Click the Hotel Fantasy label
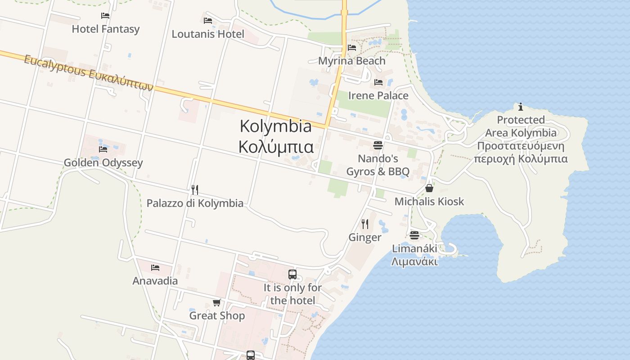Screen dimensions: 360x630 106,29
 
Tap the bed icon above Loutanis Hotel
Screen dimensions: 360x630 208,20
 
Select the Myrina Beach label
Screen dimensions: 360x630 351,61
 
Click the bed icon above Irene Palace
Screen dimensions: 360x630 378,82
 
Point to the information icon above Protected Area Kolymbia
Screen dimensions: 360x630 521,107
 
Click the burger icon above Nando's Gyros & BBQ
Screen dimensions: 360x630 378,145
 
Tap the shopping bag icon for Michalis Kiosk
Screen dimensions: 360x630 429,188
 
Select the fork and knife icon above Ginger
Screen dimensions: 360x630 365,224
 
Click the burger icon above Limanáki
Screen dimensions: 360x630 414,235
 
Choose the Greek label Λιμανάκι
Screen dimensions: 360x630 414,261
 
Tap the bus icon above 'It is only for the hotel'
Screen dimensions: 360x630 292,274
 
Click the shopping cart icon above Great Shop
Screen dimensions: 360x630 217,302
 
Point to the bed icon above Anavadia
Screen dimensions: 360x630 155,268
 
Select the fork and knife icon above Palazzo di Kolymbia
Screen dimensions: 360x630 195,190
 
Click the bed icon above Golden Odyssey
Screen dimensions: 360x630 103,149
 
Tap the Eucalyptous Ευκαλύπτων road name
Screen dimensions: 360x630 89,73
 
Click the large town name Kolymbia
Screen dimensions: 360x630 275,126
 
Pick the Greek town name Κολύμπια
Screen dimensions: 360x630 275,147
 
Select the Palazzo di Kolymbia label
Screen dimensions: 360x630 195,203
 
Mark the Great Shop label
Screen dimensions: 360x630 217,316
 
